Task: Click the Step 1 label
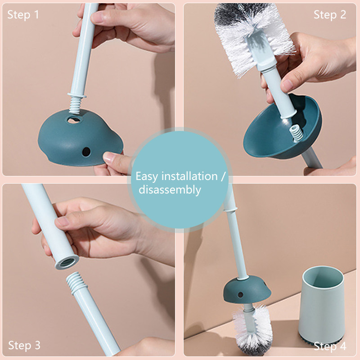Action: [23, 15]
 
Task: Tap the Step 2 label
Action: [330, 15]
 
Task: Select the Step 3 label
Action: [24, 345]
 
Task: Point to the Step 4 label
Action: [330, 346]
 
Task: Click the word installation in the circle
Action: [189, 176]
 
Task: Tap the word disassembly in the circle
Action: [170, 190]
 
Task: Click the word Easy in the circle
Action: [147, 176]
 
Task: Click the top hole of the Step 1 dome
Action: [74, 120]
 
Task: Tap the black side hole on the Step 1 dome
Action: [86, 152]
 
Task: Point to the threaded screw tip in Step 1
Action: [75, 105]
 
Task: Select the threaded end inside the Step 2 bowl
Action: [296, 134]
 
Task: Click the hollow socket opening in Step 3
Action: [67, 262]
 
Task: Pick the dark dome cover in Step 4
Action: [247, 290]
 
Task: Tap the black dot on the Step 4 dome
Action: [240, 295]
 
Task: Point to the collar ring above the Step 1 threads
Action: [77, 95]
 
